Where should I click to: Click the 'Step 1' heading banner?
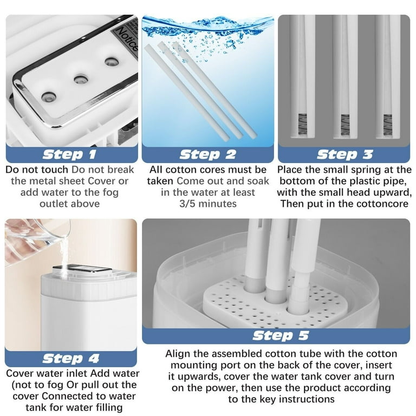pyautogui.click(x=71, y=155)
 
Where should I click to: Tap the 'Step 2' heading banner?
pyautogui.click(x=208, y=155)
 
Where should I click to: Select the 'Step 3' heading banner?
pyautogui.click(x=344, y=155)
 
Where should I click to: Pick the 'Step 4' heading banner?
pyautogui.click(x=71, y=359)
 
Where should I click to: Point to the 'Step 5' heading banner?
pyautogui.click(x=276, y=336)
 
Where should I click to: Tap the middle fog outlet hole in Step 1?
pyautogui.click(x=81, y=79)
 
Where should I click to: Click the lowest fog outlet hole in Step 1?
pyautogui.click(x=49, y=97)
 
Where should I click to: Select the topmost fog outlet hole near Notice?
pyautogui.click(x=112, y=62)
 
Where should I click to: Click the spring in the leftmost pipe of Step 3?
pyautogui.click(x=302, y=125)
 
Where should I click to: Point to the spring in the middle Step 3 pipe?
pyautogui.click(x=345, y=125)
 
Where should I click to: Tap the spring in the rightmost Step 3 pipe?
pyautogui.click(x=388, y=125)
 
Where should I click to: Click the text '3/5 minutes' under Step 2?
pyautogui.click(x=208, y=204)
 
